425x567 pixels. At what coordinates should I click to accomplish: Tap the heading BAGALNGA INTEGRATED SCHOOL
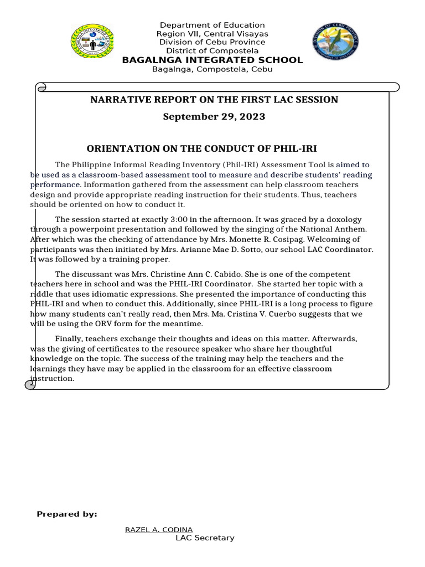point(212,60)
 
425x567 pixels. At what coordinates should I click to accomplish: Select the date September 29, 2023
point(214,116)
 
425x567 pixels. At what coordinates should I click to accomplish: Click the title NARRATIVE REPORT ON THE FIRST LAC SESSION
point(214,100)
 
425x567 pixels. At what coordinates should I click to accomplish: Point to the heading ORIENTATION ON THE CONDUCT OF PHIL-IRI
point(202,148)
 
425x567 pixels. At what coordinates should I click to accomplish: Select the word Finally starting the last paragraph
point(70,339)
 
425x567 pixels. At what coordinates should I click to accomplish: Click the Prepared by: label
point(67,514)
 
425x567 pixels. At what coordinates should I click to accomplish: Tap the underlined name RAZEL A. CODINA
point(159,529)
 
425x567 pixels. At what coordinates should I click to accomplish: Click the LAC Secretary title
point(205,538)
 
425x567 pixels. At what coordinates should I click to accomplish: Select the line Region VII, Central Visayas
point(212,34)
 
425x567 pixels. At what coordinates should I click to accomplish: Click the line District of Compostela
point(212,51)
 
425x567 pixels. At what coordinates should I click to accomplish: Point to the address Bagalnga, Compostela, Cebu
point(212,69)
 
